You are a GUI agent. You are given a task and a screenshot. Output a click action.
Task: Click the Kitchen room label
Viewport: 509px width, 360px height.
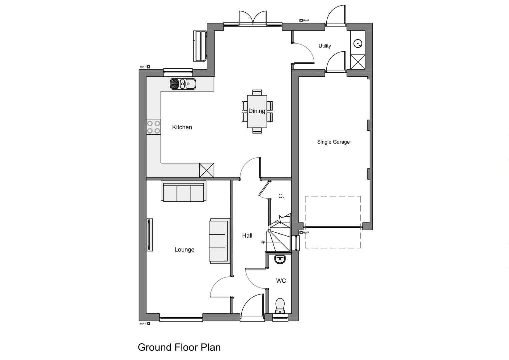click(182, 127)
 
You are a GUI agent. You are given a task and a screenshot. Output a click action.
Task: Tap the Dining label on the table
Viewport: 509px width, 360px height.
click(257, 111)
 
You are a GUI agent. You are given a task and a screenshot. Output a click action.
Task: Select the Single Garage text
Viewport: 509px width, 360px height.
click(333, 142)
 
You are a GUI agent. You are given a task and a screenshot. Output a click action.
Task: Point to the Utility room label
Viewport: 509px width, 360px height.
click(325, 46)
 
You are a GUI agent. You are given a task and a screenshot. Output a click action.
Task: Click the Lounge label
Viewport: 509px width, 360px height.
click(184, 250)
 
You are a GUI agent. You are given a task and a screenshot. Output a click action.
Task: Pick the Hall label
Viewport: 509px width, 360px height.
click(247, 236)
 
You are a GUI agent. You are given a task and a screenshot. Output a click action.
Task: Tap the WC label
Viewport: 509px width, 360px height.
click(281, 281)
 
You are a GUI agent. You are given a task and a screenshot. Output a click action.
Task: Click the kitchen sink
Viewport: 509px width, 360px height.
click(183, 84)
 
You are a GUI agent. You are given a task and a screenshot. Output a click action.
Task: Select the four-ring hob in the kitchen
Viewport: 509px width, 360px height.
click(153, 127)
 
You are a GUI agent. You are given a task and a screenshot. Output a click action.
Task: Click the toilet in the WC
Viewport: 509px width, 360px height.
click(280, 305)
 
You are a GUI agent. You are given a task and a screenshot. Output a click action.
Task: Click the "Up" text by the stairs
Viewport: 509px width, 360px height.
click(263, 242)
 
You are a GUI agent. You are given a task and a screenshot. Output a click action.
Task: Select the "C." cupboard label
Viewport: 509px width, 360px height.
click(281, 196)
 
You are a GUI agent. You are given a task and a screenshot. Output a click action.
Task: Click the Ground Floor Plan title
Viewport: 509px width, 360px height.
click(179, 347)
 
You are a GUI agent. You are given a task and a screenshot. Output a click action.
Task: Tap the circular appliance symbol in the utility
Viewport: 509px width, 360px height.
click(358, 43)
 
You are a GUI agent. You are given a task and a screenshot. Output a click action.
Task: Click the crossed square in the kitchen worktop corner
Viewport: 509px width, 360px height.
click(206, 170)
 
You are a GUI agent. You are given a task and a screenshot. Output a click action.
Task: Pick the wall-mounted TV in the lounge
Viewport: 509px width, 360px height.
click(150, 235)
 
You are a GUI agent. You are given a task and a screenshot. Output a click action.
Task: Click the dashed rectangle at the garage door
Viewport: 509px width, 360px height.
click(333, 222)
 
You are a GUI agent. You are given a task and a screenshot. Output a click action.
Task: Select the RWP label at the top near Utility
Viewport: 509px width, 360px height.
click(306, 21)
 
